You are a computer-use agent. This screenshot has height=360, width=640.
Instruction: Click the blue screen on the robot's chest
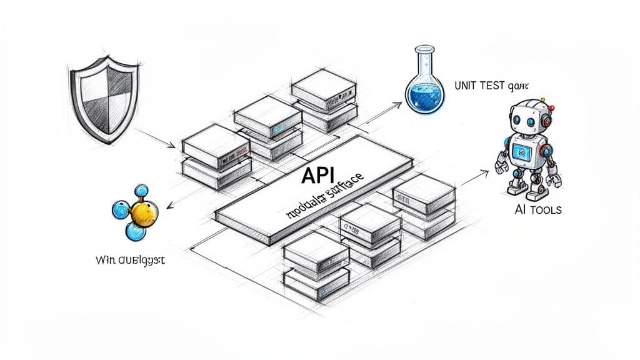521,151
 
